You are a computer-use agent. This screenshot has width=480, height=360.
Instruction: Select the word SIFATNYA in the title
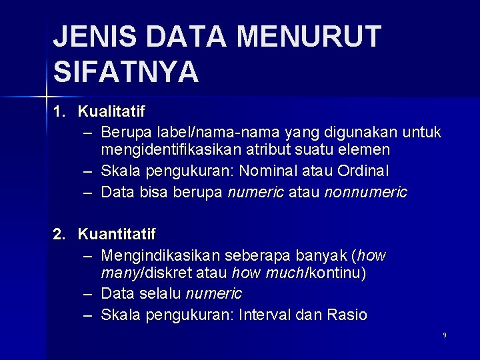(125, 71)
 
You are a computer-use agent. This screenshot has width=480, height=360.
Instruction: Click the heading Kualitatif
(111, 109)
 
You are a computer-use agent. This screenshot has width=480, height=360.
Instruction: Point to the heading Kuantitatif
(117, 234)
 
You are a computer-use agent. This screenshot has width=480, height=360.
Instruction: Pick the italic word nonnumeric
(365, 193)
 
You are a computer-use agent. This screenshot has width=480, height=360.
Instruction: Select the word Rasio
(346, 315)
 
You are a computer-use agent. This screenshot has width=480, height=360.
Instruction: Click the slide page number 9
(445, 335)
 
